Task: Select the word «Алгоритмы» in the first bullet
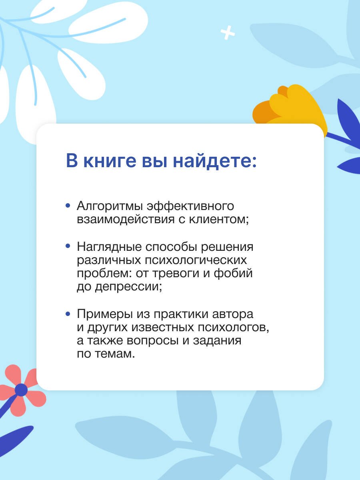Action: (x=110, y=206)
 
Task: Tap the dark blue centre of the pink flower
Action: (x=21, y=389)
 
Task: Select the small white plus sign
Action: (x=228, y=33)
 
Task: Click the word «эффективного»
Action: (x=190, y=206)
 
